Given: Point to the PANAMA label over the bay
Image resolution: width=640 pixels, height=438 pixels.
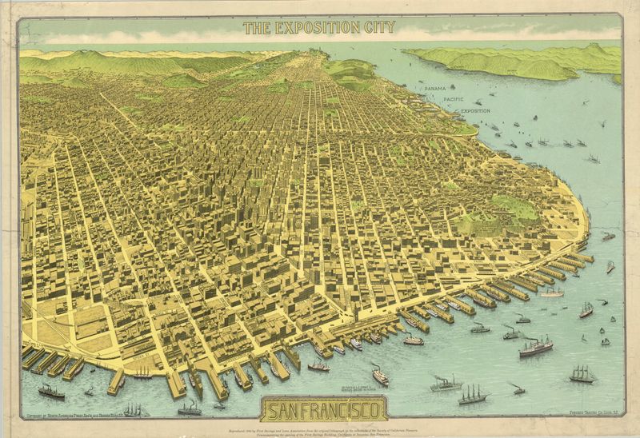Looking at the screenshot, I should pos(435,89).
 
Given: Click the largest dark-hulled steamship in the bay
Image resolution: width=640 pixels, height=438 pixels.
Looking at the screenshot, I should pos(535,347).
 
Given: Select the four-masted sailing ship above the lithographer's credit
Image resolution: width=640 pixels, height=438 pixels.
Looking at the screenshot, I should pos(583,374).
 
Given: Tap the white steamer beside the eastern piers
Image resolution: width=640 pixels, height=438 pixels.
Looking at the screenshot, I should pos(551,293).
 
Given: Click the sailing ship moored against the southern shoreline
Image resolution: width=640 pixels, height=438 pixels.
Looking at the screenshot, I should pos(143,372).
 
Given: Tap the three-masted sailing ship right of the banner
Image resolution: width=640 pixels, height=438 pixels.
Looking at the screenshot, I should pos(473,394).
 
